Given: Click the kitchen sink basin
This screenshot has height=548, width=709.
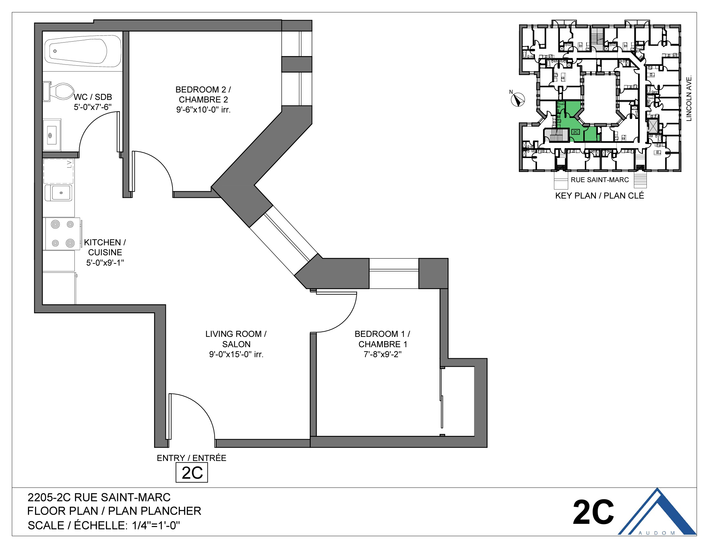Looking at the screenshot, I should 60,193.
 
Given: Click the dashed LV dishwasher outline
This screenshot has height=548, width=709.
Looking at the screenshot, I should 58,171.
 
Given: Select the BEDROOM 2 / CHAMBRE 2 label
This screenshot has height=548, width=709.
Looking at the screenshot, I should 203,94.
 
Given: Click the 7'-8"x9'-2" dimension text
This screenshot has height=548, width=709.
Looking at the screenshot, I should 383,354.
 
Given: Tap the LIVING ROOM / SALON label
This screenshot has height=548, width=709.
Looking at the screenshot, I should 236,339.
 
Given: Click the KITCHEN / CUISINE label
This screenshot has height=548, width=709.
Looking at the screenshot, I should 105,247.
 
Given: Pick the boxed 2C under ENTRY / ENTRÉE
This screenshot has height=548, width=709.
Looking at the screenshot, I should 192,473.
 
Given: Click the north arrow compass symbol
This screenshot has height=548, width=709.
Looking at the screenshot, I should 518,100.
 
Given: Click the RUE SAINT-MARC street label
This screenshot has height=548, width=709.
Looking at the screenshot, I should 600,180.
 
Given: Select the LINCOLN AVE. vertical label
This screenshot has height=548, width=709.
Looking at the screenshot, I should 689,98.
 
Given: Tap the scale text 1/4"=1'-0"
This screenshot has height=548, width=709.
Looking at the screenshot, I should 156,525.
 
